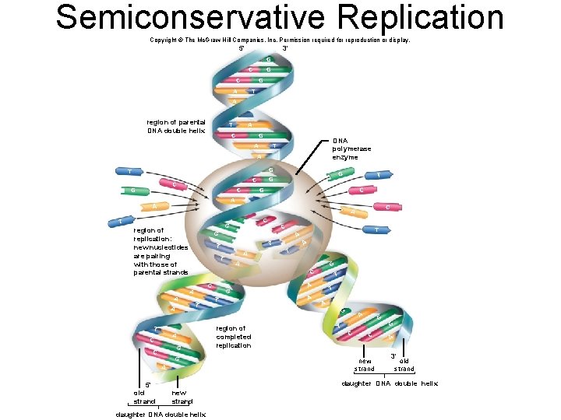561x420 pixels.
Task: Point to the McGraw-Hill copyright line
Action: tap(279, 39)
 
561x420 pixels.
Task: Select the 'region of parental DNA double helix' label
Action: tap(176, 126)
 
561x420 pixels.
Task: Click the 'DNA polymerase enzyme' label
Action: tap(351, 149)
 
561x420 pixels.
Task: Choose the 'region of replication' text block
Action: tap(161, 251)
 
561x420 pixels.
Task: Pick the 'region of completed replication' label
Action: tap(234, 337)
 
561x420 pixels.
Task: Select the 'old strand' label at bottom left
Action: tap(144, 397)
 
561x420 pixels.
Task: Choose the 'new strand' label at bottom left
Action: tap(182, 397)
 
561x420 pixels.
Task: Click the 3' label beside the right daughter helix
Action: tap(394, 355)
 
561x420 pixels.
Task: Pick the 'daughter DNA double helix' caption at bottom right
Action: tap(390, 383)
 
